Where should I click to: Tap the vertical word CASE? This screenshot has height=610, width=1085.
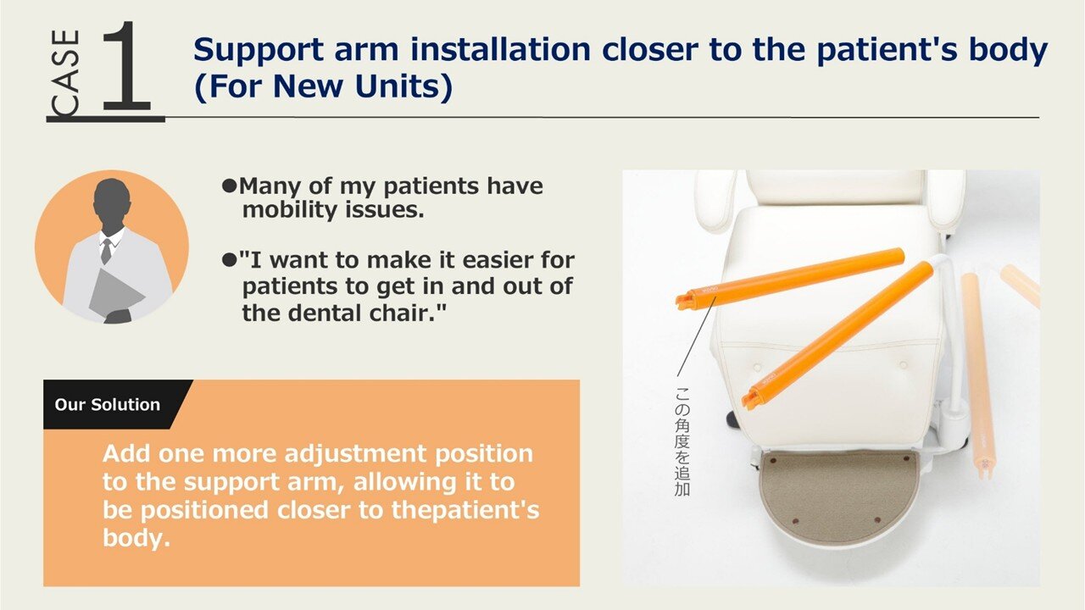[x=66, y=74]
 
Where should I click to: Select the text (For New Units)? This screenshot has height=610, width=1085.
[x=323, y=87]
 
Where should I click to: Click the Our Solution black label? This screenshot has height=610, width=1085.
[x=107, y=404]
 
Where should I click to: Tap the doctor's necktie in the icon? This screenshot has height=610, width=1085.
[x=107, y=251]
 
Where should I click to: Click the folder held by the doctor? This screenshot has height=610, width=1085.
[x=115, y=293]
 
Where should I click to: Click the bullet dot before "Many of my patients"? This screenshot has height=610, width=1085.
[x=229, y=186]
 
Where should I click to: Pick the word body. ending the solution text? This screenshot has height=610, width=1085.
[x=136, y=537]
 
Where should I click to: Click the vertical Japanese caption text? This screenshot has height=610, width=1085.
[x=682, y=441]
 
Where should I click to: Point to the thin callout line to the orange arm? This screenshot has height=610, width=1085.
[x=697, y=336]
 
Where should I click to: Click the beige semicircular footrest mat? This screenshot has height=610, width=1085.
[x=839, y=496]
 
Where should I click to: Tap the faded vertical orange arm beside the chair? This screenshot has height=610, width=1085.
[x=977, y=375]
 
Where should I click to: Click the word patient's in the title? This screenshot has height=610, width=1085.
[x=887, y=51]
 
